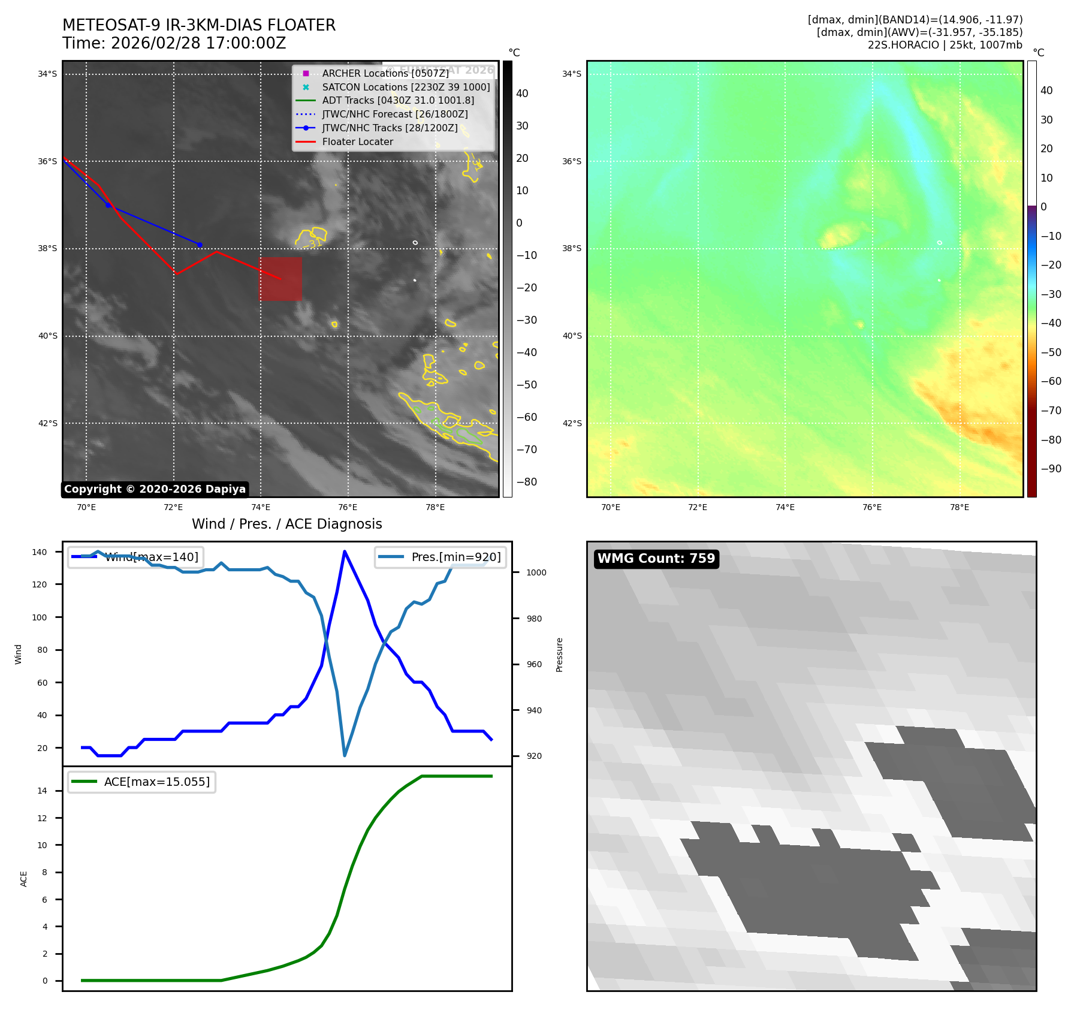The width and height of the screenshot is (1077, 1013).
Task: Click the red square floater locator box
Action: (280, 279)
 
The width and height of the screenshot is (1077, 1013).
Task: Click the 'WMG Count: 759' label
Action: (656, 559)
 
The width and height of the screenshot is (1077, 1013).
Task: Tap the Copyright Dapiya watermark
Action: (155, 489)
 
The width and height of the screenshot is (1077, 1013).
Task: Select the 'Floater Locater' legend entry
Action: (357, 142)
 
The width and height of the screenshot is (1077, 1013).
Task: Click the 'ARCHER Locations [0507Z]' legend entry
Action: (385, 74)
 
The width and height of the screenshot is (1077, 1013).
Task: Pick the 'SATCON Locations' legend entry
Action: (406, 88)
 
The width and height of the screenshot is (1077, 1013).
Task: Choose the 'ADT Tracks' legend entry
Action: (398, 101)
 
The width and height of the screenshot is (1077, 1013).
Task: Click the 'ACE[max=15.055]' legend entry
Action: (156, 782)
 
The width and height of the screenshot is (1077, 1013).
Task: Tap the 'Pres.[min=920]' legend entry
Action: (455, 557)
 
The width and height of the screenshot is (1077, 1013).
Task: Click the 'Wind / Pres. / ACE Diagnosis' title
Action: (286, 524)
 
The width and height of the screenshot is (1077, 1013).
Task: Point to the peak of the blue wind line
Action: (345, 551)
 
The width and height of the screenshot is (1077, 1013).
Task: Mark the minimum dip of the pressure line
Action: (345, 755)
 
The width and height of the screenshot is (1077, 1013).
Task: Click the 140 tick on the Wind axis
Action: (40, 552)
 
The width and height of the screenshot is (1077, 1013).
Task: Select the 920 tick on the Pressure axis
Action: (533, 756)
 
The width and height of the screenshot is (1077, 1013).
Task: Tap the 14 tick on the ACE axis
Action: (43, 791)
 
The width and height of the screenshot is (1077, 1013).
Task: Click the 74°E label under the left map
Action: (260, 508)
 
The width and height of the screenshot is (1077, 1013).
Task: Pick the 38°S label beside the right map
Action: (572, 249)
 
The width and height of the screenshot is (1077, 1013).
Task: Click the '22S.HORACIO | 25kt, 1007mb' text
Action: (945, 45)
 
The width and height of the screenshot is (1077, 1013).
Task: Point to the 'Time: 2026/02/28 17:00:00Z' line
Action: (174, 44)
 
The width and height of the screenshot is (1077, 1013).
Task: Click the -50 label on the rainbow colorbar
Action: (1051, 352)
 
